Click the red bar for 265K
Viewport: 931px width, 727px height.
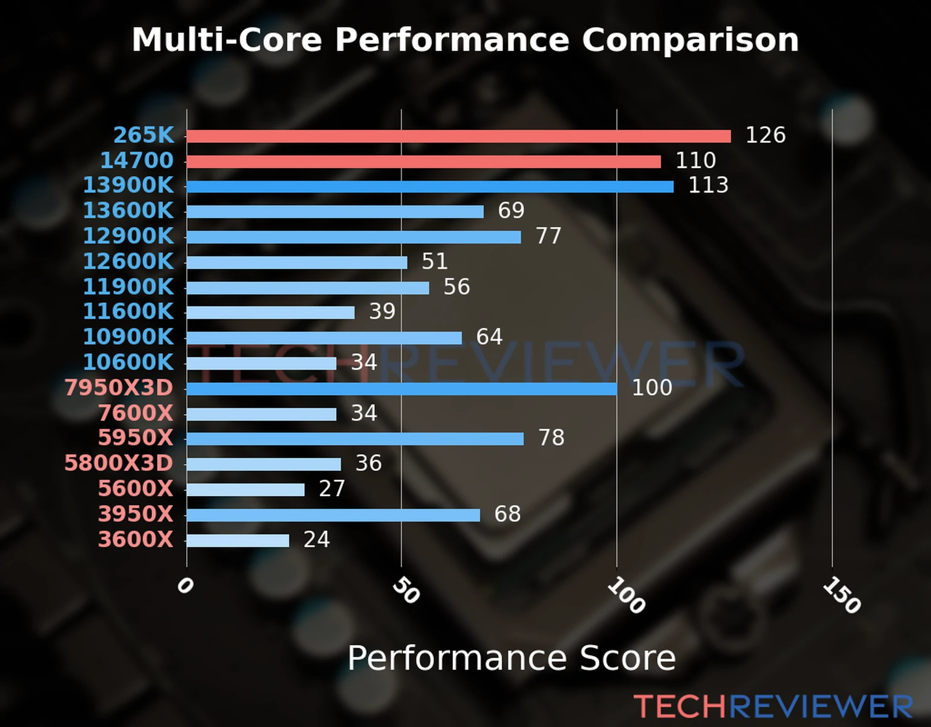458,136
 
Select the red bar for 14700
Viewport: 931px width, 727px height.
423,162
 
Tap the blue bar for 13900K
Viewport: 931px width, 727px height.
430,187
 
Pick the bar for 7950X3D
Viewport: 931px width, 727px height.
401,388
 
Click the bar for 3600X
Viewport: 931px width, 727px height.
238,540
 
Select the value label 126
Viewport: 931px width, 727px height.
765,135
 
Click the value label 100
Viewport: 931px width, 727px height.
652,388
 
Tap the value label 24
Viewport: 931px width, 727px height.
316,539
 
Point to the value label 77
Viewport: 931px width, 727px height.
549,236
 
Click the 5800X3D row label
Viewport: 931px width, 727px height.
119,463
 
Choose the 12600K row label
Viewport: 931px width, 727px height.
128,262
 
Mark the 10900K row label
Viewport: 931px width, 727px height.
128,337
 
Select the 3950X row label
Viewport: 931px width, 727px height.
136,514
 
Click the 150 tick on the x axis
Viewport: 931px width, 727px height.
841,596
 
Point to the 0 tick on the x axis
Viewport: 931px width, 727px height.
185,586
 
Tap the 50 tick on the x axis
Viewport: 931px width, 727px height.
405,591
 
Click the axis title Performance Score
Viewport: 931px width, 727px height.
511,658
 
